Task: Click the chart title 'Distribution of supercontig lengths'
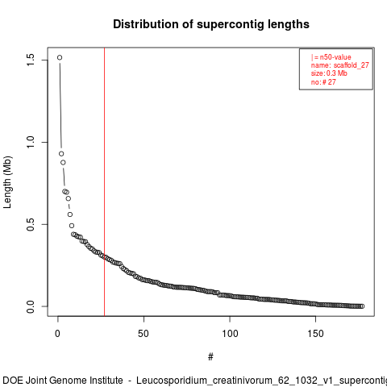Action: (x=211, y=24)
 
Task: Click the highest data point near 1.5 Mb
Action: (x=60, y=57)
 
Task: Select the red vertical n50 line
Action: (x=104, y=181)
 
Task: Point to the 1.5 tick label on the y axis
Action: (x=30, y=60)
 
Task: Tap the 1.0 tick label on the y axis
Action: (x=30, y=142)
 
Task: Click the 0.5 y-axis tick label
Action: (x=30, y=224)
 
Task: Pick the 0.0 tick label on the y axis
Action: (x=30, y=306)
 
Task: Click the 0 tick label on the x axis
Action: (x=57, y=334)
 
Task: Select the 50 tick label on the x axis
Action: (x=144, y=334)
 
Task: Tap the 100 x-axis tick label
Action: (x=230, y=334)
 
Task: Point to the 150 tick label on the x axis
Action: (x=315, y=334)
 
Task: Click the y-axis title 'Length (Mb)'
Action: (x=7, y=182)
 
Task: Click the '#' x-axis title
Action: (x=210, y=357)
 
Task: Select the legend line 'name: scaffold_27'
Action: (x=340, y=65)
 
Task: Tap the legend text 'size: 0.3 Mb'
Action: (x=329, y=73)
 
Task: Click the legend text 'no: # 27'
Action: (x=323, y=81)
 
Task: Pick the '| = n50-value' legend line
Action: (x=331, y=57)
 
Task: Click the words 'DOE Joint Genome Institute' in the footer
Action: (x=63, y=381)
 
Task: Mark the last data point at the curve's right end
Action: (x=362, y=306)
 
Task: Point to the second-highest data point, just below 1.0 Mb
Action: (x=61, y=154)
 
